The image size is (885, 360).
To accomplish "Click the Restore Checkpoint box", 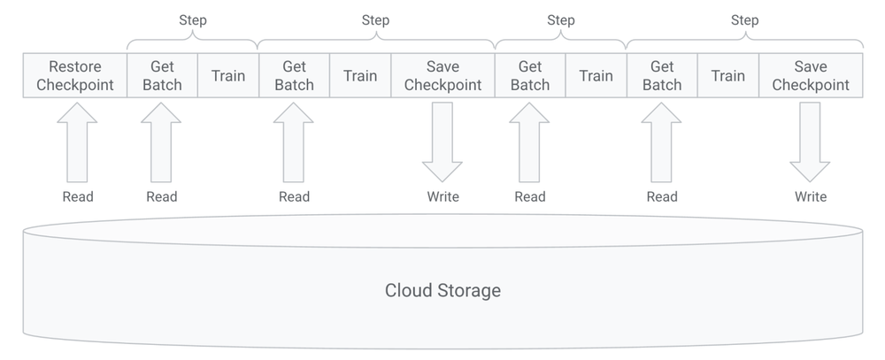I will pos(75,76).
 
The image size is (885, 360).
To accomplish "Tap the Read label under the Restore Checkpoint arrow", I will pos(77,196).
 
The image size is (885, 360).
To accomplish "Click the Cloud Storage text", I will pos(442,290).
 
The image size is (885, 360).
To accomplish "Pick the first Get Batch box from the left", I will pos(162,76).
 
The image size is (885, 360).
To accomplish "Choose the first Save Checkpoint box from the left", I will pos(442,76).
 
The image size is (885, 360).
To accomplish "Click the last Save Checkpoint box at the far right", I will pos(810,76).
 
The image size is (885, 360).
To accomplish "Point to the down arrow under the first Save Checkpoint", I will pos(442,142).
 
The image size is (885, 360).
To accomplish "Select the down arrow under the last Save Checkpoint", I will pos(810,142).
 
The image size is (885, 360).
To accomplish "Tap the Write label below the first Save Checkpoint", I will pos(442,196).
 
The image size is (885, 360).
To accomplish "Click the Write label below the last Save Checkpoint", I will pos(810,196).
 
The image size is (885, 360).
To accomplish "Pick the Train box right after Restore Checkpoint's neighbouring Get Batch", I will pos(228,76).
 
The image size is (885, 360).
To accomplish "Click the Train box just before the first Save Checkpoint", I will pos(360,76).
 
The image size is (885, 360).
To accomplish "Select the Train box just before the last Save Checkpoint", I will pos(727,76).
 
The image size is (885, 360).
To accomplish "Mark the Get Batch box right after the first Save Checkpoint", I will pos(530,76).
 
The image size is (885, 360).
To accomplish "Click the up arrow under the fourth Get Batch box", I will pos(662,142).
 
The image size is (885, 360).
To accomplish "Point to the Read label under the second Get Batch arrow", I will pos(294,196).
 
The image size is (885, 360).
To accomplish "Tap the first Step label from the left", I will pos(193,20).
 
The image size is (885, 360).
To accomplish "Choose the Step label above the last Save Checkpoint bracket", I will pos(744,20).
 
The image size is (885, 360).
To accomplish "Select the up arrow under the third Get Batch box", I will pos(530,142).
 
